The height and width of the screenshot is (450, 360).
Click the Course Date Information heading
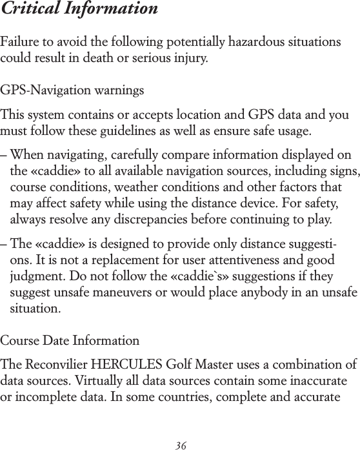pos(70,340)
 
